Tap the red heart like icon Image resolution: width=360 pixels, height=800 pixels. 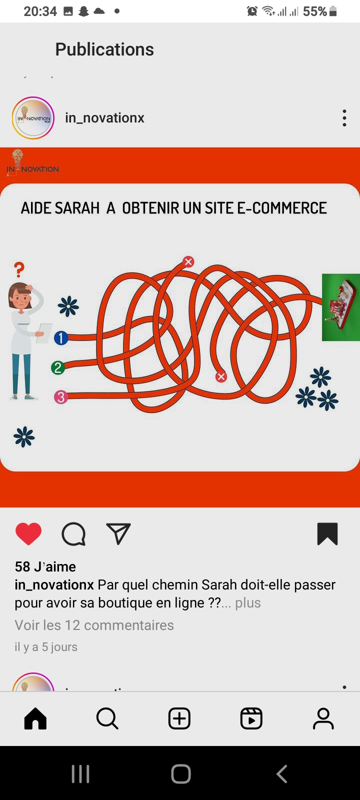[28, 533]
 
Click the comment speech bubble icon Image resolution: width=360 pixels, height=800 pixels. [74, 534]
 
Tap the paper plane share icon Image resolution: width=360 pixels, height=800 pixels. [118, 533]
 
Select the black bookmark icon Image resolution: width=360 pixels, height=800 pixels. [327, 534]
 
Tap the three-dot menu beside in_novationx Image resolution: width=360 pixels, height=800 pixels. [344, 118]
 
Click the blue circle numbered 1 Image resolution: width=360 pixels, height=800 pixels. [61, 338]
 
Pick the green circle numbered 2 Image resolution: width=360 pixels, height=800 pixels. [58, 367]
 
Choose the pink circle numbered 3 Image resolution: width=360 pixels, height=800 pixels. [60, 397]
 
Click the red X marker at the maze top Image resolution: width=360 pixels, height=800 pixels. [188, 262]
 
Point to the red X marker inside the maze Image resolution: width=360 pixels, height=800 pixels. [221, 377]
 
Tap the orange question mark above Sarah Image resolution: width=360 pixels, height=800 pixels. [19, 269]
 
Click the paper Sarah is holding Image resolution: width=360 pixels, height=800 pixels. [44, 333]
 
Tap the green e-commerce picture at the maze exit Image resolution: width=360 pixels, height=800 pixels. [340, 307]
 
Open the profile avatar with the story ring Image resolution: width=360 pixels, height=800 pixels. [33, 118]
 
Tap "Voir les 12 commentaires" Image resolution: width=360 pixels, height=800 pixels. [94, 625]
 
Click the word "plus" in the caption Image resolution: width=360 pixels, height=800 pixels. [248, 603]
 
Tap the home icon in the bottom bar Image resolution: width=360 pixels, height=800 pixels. [35, 718]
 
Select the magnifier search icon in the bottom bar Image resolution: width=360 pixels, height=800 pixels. [107, 718]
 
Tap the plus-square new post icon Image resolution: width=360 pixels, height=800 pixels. [179, 718]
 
